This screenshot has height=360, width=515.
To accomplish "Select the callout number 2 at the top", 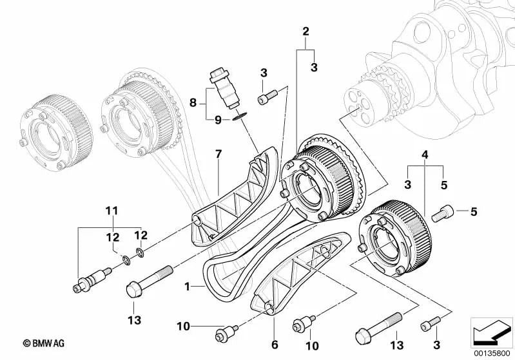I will click(306, 31).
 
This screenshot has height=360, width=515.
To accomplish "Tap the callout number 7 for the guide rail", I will click(218, 154).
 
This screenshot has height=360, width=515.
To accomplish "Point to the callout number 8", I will click(192, 102).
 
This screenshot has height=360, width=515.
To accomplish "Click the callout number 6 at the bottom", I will click(274, 345).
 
